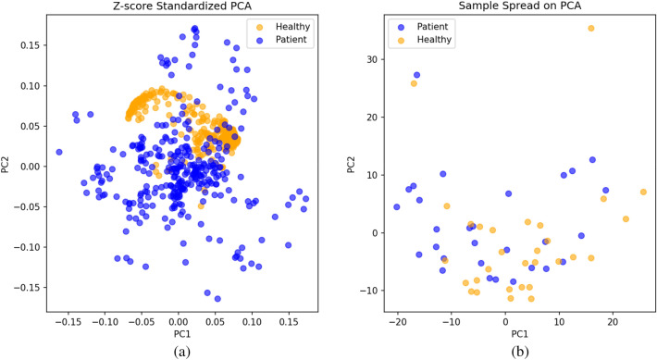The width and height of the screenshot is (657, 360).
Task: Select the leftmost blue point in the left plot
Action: pos(59,152)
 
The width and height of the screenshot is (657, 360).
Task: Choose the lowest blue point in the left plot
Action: pos(217,298)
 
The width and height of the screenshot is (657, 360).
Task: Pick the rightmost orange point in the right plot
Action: pos(643,192)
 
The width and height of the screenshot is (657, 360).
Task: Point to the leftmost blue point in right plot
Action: pos(397,207)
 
